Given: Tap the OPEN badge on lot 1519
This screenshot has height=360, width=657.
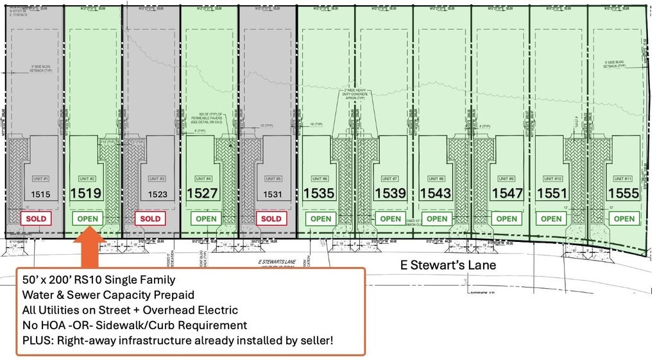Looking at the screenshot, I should pos(88,218).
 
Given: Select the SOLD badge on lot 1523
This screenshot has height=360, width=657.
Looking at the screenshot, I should pos(150,218).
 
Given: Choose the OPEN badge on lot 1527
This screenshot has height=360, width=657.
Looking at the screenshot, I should pos(206,218).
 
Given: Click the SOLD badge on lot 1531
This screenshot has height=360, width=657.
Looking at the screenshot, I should pos(271,218).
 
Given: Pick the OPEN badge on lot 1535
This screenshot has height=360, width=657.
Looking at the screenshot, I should pos(321,218).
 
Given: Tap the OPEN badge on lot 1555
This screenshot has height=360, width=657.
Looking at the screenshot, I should pos(624,218).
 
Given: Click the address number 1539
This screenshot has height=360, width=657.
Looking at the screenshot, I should pos(390,193).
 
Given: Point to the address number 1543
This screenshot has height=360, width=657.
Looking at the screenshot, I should pos(436,193).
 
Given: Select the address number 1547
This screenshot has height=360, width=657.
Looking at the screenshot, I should pos(508,193).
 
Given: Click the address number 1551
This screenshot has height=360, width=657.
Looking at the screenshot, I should pos(552,193).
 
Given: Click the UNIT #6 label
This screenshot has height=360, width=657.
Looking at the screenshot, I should pos(320,178).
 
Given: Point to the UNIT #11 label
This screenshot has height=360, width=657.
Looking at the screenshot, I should pos(622,178).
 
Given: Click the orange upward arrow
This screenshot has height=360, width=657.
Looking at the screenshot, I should pos(88,247).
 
